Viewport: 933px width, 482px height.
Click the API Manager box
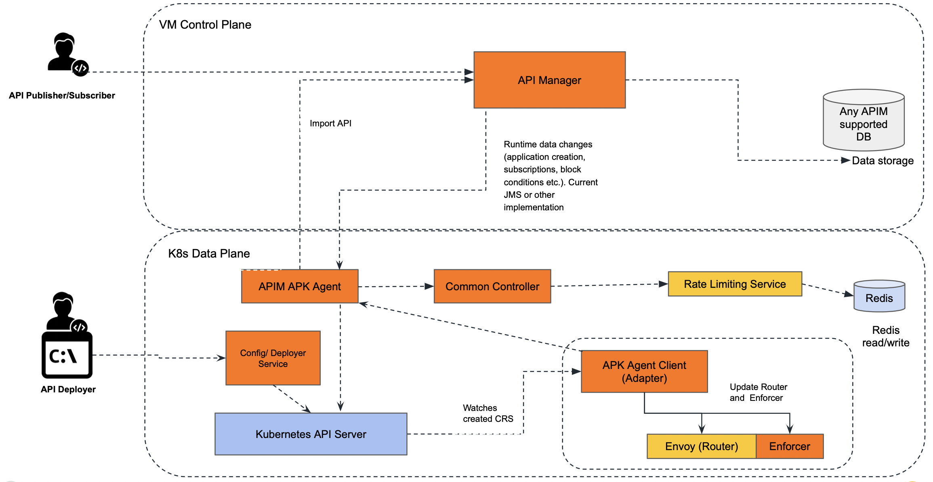(x=549, y=80)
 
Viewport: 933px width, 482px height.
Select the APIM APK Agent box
(x=299, y=286)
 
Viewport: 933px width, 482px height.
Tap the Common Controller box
(x=492, y=286)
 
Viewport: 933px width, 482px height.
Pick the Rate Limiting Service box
(x=734, y=284)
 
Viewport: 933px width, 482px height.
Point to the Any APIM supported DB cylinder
(x=863, y=121)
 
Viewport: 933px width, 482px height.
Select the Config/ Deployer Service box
(x=273, y=358)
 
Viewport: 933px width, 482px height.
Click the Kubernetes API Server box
(x=311, y=434)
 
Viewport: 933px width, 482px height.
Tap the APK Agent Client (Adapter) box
(x=644, y=371)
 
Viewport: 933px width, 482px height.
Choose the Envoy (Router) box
(x=701, y=446)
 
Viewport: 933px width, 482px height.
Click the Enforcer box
(x=789, y=446)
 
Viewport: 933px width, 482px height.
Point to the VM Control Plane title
(x=205, y=25)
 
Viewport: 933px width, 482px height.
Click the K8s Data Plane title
(x=209, y=254)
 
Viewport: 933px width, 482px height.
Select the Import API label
(x=330, y=123)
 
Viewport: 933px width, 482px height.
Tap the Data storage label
(x=883, y=161)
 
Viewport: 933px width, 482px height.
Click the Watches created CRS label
(x=488, y=413)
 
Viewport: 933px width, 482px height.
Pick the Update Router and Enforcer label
(x=758, y=392)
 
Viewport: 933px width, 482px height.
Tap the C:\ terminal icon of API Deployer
(x=67, y=355)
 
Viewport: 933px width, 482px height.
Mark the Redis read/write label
(x=885, y=336)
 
